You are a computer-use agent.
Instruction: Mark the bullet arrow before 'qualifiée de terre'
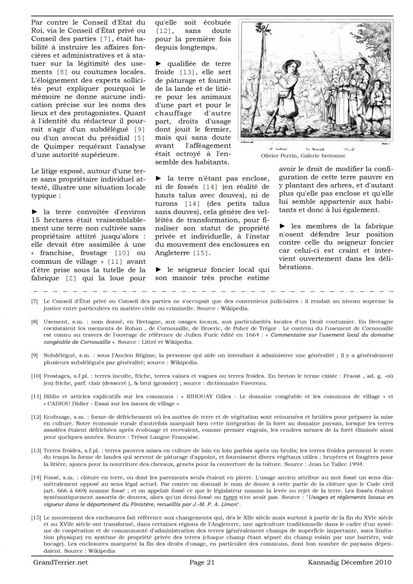pyautogui.click(x=158, y=63)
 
